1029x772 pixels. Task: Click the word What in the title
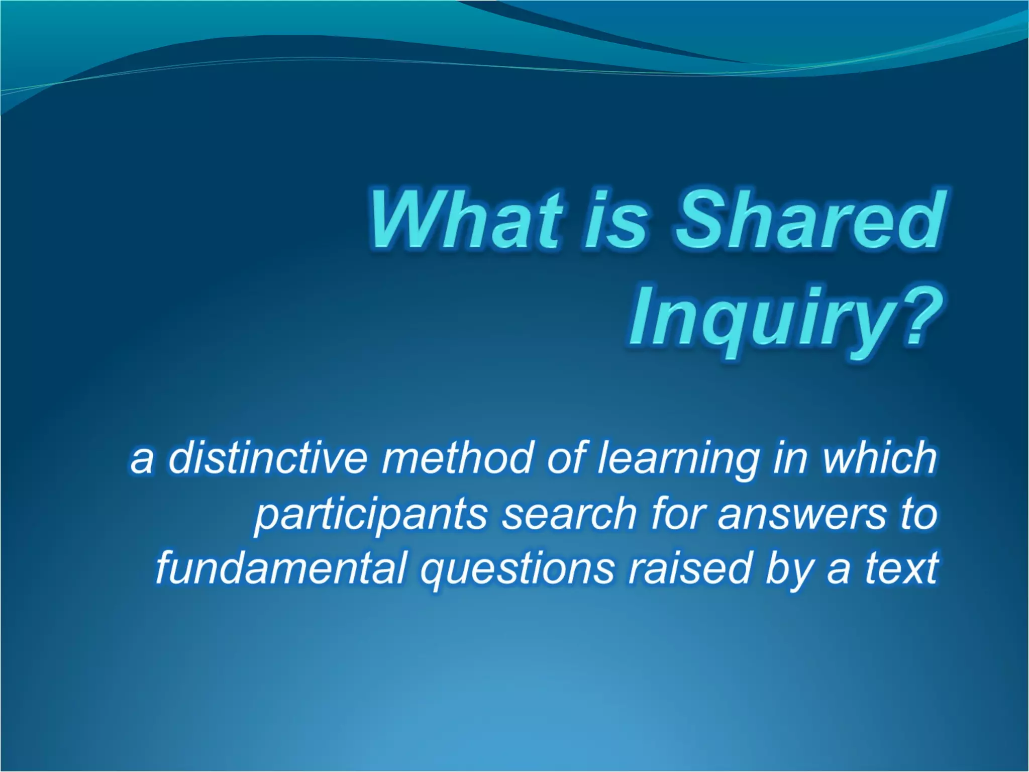tap(465, 220)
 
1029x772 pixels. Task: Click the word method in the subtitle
tap(456, 458)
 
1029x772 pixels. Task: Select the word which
tap(879, 458)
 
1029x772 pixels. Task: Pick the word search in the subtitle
tap(569, 514)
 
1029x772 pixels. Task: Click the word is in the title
tap(615, 220)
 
